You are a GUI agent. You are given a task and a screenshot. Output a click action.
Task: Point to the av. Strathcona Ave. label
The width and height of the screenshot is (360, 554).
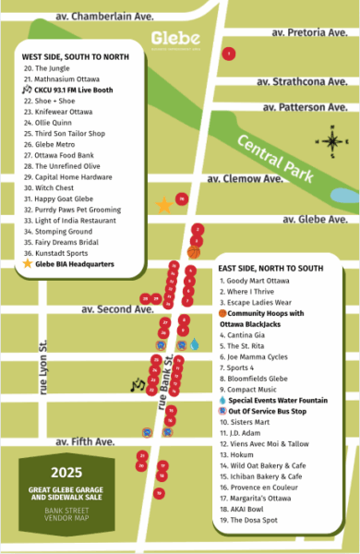[306, 81]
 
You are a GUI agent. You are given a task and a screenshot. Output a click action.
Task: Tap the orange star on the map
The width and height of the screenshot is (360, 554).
[164, 205]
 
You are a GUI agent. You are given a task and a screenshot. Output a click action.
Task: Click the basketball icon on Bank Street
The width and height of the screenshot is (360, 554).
[194, 252]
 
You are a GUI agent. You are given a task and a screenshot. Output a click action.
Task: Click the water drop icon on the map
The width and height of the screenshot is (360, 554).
[194, 343]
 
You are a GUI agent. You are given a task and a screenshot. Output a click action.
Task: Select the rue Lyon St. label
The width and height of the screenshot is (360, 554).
[42, 368]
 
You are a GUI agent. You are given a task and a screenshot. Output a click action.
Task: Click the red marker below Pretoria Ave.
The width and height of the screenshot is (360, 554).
[228, 54]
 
